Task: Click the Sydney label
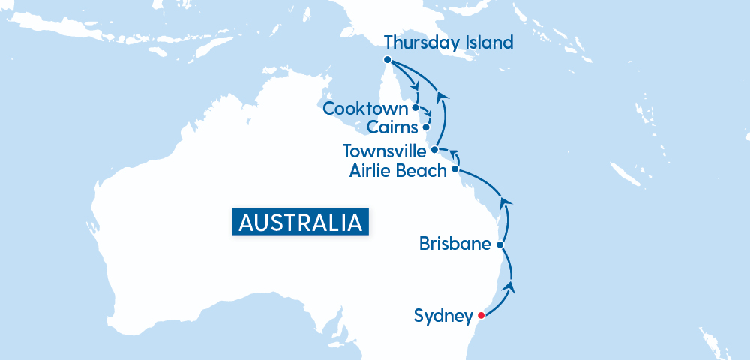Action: tap(443, 316)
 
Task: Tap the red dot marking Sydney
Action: tap(481, 315)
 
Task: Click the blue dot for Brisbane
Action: tap(500, 244)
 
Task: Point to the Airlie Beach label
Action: tap(397, 171)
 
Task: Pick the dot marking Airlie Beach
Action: tap(454, 170)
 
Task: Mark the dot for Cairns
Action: tap(426, 127)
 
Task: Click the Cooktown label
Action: tap(365, 109)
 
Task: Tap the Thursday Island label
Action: tap(448, 43)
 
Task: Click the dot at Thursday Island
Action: tap(386, 60)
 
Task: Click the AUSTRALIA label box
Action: tap(300, 222)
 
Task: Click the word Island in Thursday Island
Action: tap(487, 43)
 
